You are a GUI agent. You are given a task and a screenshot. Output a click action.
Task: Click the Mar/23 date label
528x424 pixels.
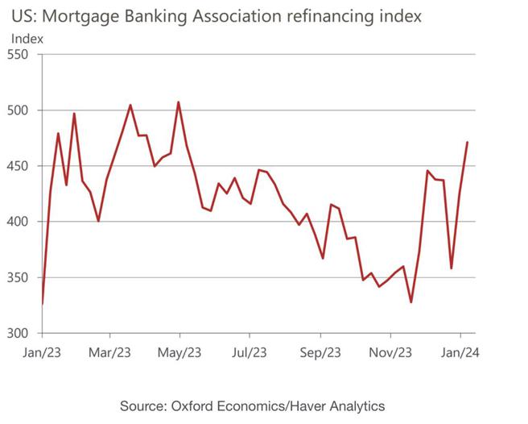coord(109,351)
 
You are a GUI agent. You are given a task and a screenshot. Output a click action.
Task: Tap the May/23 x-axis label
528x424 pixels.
coord(179,351)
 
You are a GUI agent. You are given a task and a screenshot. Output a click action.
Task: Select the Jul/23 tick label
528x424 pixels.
coord(250,351)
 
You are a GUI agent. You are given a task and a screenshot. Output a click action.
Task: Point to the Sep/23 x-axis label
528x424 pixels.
coord(320,351)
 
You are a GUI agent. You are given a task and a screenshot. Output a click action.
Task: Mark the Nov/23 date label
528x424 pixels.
coord(390,351)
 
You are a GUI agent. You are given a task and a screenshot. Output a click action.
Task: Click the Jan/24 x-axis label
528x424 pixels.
coord(461,351)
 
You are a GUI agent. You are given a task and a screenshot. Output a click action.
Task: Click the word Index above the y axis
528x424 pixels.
coord(28,38)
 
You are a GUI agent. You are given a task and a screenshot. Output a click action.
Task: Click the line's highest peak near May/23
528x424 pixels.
coord(178,102)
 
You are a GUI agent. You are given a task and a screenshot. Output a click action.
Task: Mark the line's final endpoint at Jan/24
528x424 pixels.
coord(468,142)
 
